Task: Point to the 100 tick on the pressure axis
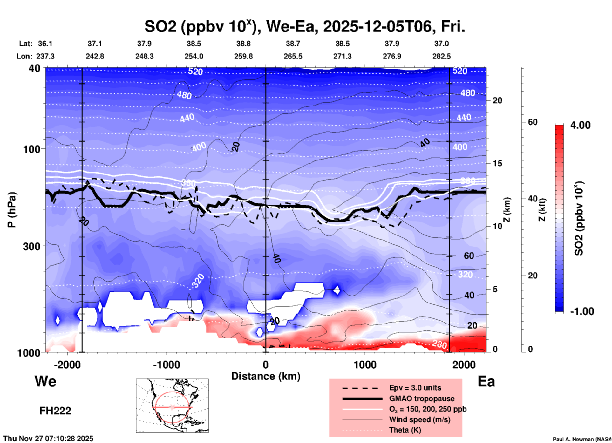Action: [33, 149]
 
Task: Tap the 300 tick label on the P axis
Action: [33, 246]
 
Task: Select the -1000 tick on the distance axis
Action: [166, 365]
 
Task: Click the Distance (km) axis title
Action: [266, 376]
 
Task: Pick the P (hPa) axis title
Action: [12, 210]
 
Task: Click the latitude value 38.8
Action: [243, 44]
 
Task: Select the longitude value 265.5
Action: [293, 56]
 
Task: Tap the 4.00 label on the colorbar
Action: [580, 125]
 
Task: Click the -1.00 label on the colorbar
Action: [582, 311]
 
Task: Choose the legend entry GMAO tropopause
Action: [422, 399]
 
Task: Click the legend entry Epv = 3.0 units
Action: [415, 388]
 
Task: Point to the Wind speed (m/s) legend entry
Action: [419, 419]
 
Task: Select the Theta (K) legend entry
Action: [405, 430]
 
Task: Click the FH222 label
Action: [55, 411]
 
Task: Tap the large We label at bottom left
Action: [45, 381]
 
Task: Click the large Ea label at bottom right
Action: [486, 381]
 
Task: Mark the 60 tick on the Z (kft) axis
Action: [533, 122]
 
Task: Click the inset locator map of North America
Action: [172, 405]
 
